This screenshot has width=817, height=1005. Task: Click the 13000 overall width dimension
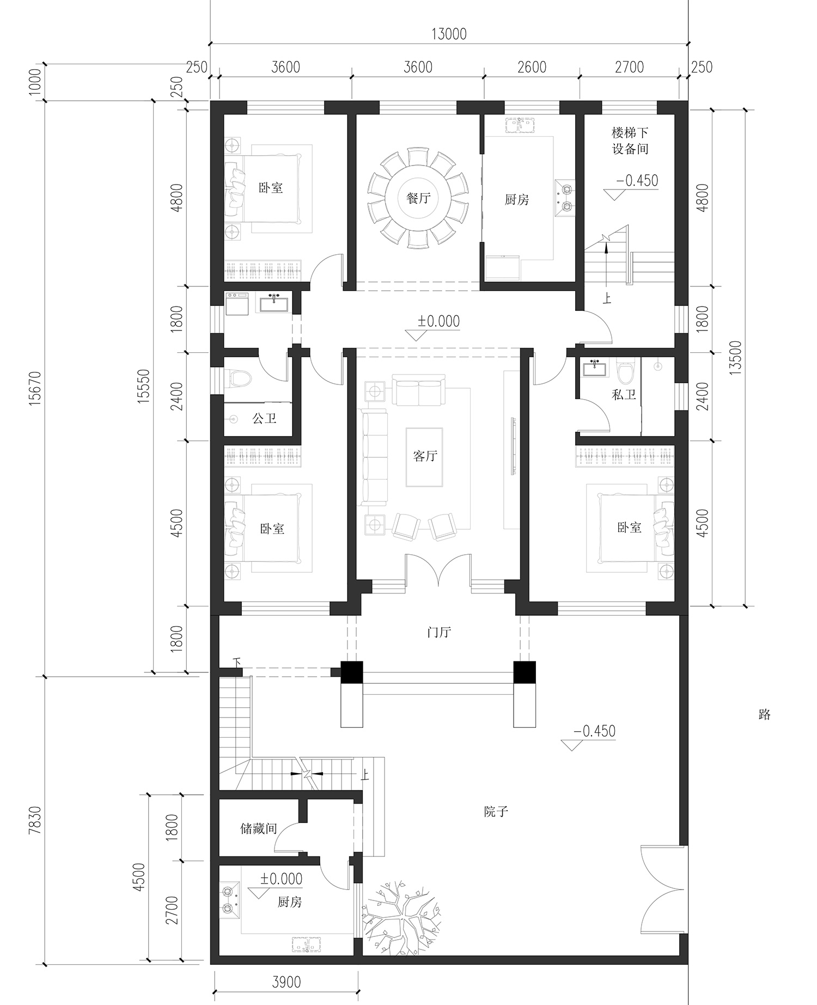tap(449, 34)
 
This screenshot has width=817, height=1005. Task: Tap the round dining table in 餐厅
tap(418, 198)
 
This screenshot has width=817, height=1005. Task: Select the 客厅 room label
tap(425, 456)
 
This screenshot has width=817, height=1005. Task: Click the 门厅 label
tap(439, 633)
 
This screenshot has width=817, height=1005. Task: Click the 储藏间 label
tap(259, 829)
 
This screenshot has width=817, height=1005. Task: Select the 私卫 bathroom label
tap(624, 395)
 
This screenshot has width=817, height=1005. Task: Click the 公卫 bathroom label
tap(264, 419)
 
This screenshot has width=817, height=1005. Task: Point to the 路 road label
tap(764, 714)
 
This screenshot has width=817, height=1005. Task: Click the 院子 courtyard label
tap(496, 812)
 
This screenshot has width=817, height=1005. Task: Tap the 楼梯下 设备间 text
tap(630, 140)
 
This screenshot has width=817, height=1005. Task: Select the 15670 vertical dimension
tap(34, 387)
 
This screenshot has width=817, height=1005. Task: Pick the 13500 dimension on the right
tap(736, 358)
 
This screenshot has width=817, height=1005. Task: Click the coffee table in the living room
tap(424, 457)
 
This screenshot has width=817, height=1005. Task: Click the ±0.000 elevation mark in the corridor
tap(438, 321)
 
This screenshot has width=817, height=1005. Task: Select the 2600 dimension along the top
tap(532, 67)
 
